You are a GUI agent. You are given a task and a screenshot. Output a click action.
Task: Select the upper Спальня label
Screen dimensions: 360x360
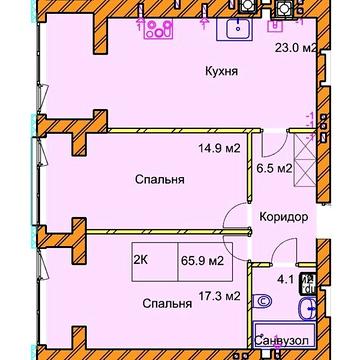point(159,183)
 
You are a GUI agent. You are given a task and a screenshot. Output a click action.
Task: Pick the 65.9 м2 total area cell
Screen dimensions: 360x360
point(201,264)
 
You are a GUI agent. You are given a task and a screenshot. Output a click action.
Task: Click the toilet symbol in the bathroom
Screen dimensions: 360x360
point(262,300)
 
